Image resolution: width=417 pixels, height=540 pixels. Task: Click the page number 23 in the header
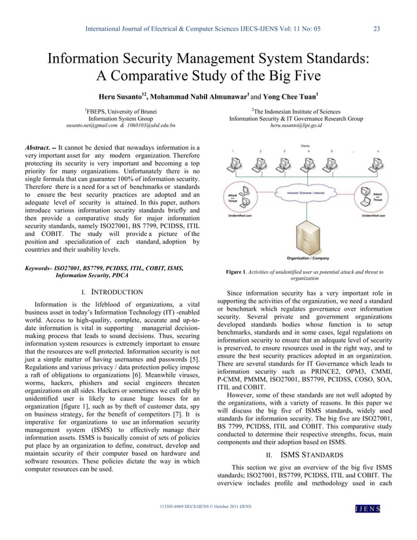(x=376, y=28)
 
